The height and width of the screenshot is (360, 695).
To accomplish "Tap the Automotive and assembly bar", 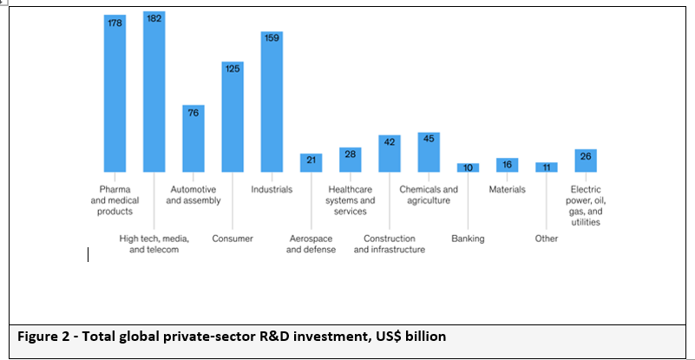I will pyautogui.click(x=193, y=138).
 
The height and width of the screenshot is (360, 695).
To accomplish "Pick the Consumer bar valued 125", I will pyautogui.click(x=233, y=116).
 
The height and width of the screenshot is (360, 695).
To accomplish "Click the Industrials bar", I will pyautogui.click(x=272, y=101).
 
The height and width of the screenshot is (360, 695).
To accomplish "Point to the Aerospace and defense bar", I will pyautogui.click(x=311, y=162).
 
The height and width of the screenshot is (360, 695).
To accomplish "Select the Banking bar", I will pyautogui.click(x=468, y=167).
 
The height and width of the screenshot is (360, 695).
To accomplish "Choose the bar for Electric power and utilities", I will pyautogui.click(x=586, y=160).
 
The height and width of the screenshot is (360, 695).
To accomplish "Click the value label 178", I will pyautogui.click(x=115, y=23).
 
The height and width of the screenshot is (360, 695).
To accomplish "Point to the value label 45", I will pyautogui.click(x=429, y=139).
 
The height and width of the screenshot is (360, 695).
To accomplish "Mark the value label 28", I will pyautogui.click(x=350, y=154).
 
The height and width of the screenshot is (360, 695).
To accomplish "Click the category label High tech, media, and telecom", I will pyautogui.click(x=154, y=244).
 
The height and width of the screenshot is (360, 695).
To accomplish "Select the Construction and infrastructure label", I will pyautogui.click(x=390, y=244).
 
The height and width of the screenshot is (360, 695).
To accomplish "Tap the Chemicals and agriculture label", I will pyautogui.click(x=429, y=195).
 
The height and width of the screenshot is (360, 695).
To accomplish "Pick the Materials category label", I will pyautogui.click(x=507, y=189).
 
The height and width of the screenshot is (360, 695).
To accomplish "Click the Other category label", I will pyautogui.click(x=546, y=239).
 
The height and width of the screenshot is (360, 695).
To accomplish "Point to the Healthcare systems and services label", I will pyautogui.click(x=351, y=200).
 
